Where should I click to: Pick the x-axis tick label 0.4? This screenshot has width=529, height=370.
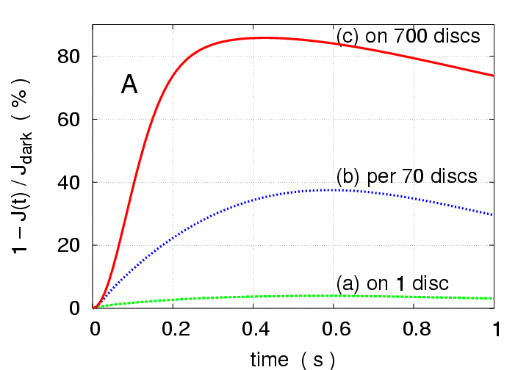(x=253, y=329)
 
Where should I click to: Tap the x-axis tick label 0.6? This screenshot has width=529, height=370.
(x=334, y=329)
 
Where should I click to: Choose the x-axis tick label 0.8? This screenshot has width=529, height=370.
(x=414, y=329)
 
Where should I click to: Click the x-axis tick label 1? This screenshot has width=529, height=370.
(x=494, y=329)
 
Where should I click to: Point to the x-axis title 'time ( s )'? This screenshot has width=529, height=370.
(x=293, y=358)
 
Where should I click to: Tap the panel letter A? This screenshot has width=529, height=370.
(x=129, y=86)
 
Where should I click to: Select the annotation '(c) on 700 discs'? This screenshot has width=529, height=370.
(x=408, y=36)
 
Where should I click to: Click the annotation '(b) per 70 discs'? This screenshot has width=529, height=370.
(x=406, y=177)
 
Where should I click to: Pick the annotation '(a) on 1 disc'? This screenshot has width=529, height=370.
(x=392, y=283)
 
